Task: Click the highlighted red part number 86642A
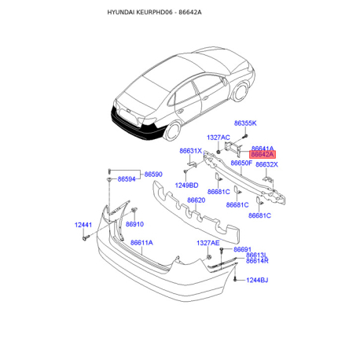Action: coord(263,156)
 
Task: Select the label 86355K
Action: coord(245,123)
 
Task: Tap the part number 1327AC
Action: coord(219,138)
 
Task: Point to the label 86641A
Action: coord(263,149)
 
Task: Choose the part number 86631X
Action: coord(190,150)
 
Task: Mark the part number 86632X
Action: coord(266,164)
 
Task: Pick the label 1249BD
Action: coord(186,186)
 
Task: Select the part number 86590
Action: coord(152,174)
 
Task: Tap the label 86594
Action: coord(128,180)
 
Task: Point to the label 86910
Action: coord(145,223)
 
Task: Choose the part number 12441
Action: coord(84,226)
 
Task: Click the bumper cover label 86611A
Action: coord(141,243)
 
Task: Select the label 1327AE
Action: coord(208,243)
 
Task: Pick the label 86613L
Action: coord(256,255)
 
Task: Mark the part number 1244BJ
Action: coord(257,280)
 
